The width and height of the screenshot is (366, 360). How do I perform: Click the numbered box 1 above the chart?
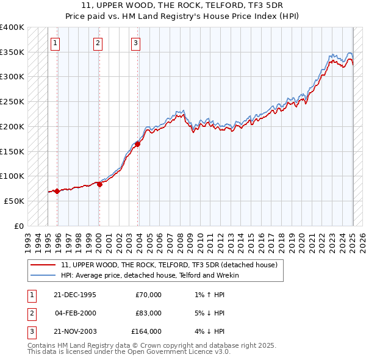(x=56, y=43)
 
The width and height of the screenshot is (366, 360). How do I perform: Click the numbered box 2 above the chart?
(x=98, y=43)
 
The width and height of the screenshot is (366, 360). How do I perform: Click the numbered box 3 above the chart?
(x=135, y=43)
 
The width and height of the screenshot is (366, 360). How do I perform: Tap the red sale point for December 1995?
(x=57, y=191)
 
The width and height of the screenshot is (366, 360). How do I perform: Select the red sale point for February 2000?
(x=99, y=184)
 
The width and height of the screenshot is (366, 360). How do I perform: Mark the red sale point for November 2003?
(x=138, y=145)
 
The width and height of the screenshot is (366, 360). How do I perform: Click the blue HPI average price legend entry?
(x=150, y=275)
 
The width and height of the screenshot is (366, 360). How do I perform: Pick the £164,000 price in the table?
(x=146, y=331)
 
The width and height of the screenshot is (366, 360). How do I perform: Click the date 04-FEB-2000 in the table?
(x=75, y=313)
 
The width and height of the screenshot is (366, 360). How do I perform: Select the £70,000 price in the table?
(x=148, y=295)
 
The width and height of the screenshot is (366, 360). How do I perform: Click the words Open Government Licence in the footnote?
(x=173, y=352)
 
